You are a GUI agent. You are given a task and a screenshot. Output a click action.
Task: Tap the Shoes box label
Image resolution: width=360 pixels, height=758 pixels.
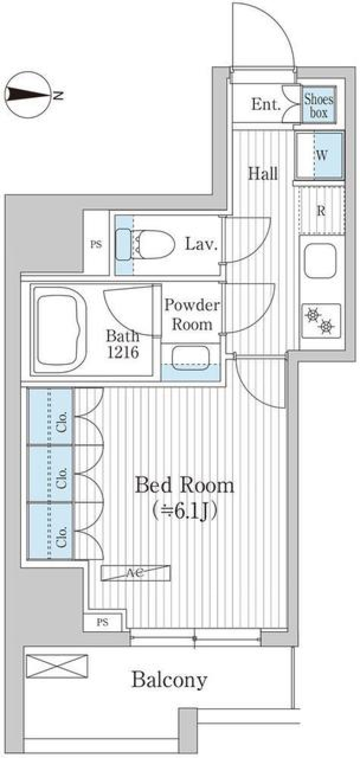coord(318,106)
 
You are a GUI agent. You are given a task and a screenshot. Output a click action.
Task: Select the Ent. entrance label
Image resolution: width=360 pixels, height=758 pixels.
coord(265,105)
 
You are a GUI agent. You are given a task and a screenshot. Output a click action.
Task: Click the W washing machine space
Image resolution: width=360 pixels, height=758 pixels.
coord(322,155)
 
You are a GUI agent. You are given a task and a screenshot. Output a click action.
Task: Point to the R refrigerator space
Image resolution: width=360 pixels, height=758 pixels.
coord(321,211)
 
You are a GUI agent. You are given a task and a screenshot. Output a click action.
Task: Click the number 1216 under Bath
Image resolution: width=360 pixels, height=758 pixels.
coord(123,352)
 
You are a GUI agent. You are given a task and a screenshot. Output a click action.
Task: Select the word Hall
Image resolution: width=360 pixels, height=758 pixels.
coord(263,174)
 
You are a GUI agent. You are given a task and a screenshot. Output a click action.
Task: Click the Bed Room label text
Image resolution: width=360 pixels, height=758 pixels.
coord(184,485)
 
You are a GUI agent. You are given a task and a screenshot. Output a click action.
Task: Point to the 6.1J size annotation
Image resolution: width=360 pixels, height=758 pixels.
coord(184,511)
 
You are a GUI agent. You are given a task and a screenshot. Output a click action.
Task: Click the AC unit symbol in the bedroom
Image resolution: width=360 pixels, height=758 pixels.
coord(135,573)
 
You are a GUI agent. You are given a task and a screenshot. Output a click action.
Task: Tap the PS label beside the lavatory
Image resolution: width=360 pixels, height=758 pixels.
coord(96,244)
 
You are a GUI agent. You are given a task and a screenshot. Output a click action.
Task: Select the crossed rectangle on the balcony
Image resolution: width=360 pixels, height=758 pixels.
coord(57,666)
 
